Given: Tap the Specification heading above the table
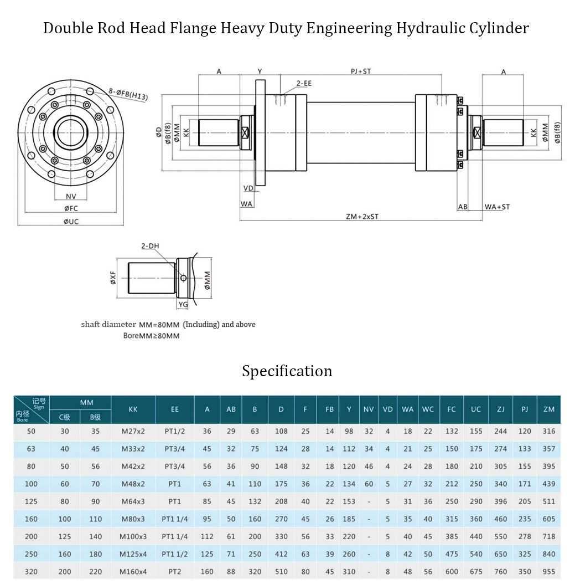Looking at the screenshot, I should point(287,371).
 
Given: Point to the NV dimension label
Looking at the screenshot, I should point(71,197).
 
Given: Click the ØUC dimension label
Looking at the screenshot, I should point(71,222).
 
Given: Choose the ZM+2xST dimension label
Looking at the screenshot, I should point(362,217).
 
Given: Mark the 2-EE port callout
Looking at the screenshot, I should point(303,83).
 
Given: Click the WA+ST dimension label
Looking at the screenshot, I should point(497,207).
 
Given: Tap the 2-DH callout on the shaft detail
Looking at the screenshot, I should point(150,246).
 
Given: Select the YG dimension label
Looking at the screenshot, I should point(183,305).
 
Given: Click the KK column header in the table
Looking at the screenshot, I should point(133,409).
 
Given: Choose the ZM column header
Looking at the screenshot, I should point(548,409).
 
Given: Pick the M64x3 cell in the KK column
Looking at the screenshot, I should point(133,501).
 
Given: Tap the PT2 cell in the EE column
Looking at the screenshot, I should point(175,572).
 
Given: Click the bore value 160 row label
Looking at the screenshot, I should point(32,519).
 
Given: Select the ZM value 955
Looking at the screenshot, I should point(548,572).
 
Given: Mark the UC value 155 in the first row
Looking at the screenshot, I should point(476,431).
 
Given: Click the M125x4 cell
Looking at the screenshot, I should point(133,554).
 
